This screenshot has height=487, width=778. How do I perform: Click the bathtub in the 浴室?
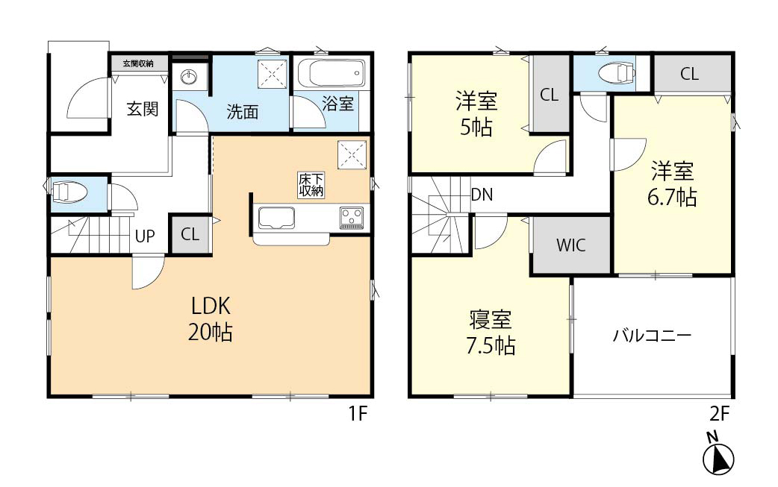(329, 76)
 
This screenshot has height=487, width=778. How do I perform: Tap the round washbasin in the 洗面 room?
(190, 78)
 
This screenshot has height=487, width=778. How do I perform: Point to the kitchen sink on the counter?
(277, 218)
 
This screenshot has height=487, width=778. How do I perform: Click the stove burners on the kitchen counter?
(352, 218)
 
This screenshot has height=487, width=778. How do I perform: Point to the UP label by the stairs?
(144, 236)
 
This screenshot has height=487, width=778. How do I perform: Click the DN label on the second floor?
(482, 195)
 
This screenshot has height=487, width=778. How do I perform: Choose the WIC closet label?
(570, 245)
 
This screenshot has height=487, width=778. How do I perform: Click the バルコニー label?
(652, 335)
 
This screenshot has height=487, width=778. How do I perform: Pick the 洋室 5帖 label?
(476, 113)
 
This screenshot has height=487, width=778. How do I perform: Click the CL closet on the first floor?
(190, 234)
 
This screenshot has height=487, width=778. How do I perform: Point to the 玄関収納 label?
(139, 64)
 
